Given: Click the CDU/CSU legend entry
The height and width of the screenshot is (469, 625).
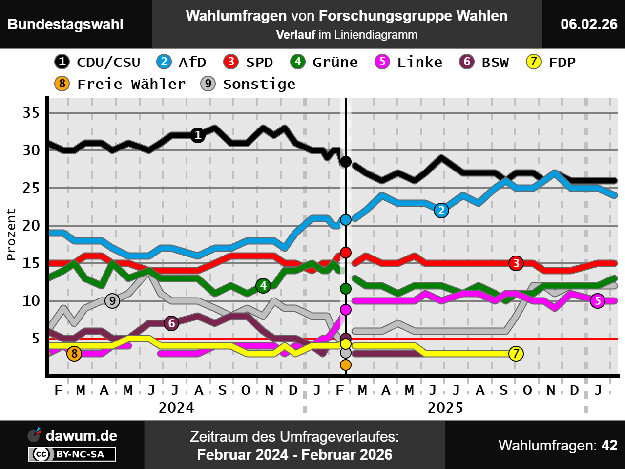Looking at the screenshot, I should (98, 62).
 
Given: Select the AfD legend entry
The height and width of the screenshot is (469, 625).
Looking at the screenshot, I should (182, 62).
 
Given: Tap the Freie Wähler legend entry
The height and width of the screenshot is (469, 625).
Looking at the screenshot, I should (120, 84).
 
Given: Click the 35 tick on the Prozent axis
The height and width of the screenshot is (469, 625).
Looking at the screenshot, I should (31, 113).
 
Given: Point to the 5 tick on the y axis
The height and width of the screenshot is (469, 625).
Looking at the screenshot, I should (35, 338).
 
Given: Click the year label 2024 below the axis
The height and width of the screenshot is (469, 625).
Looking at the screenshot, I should (176, 407).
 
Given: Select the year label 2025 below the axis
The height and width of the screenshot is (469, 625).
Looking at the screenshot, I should (445, 407).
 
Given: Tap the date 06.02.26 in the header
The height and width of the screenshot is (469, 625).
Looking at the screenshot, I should (589, 24).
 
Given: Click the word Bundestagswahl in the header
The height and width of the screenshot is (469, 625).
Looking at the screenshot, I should (65, 24).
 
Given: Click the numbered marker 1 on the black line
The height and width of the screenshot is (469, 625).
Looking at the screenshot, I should (198, 135).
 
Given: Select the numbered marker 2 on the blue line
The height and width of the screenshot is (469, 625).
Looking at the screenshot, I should (441, 210).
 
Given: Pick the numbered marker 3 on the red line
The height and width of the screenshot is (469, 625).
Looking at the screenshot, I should (516, 263).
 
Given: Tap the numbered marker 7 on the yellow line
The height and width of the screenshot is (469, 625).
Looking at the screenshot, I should (516, 353).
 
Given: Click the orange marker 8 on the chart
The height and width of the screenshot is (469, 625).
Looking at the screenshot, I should (74, 353).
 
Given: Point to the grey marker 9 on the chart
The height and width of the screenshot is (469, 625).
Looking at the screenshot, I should (112, 301).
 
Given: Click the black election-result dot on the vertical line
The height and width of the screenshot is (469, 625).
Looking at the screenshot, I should (346, 161).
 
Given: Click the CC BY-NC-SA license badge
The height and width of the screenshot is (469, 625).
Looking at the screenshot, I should (72, 454).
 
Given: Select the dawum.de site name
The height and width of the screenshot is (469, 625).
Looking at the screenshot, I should (81, 436).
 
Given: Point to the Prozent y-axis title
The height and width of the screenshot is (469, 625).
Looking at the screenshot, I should (11, 234).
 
